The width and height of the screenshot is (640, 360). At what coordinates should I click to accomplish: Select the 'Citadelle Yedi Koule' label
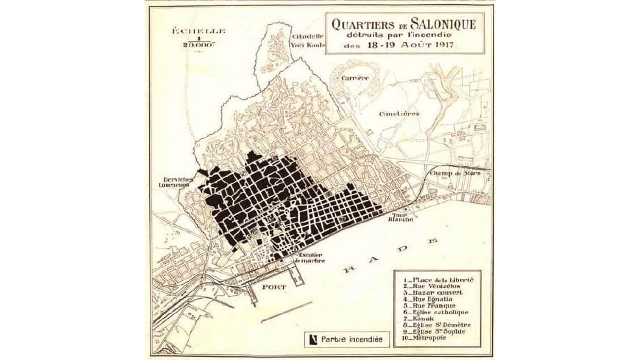[x=308, y=40]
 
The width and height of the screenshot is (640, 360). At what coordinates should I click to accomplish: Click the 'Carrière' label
[x=355, y=78]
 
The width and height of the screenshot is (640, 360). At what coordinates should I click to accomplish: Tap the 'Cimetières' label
[x=399, y=113]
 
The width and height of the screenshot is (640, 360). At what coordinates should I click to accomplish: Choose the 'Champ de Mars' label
[x=455, y=173]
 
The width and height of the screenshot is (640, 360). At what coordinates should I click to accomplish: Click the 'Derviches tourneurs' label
[x=176, y=182]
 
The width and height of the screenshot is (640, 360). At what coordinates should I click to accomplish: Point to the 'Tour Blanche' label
[x=403, y=217]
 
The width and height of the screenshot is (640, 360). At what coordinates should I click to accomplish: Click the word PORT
[x=273, y=286]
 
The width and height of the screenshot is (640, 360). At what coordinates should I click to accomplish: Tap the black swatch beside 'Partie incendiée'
[x=312, y=339]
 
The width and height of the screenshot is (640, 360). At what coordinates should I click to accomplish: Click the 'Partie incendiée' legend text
[x=352, y=339]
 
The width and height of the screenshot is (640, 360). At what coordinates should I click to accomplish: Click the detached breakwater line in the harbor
[x=286, y=312]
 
